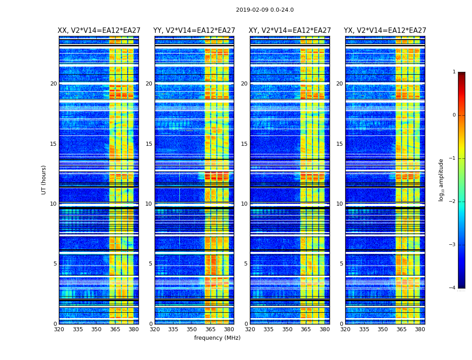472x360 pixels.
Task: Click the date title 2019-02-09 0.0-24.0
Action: pos(265,10)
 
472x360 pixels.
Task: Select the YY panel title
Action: pos(194,31)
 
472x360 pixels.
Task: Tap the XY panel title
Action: pos(290,31)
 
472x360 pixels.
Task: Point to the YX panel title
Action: pos(385,31)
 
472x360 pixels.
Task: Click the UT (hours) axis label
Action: pos(44,180)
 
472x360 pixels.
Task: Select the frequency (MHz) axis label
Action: pos(217,338)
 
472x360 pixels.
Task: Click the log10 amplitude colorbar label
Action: pos(441,180)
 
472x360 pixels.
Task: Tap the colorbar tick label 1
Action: pos(454,72)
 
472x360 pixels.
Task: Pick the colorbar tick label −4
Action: pos(453,288)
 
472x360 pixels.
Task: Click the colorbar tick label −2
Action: pos(453,202)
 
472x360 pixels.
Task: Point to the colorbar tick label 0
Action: pos(454,115)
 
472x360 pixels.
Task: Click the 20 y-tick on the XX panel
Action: pos(53,84)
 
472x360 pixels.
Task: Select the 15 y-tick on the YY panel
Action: pos(149,144)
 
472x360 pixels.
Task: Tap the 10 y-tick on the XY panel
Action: pos(244,204)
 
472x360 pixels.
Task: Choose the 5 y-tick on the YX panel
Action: pos(342,264)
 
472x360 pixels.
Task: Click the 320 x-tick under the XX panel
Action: pos(59,329)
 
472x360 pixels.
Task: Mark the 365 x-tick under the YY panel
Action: pos(210,329)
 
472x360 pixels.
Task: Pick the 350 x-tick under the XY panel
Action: pos(287,329)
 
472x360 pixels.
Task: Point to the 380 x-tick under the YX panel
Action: pos(420,329)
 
